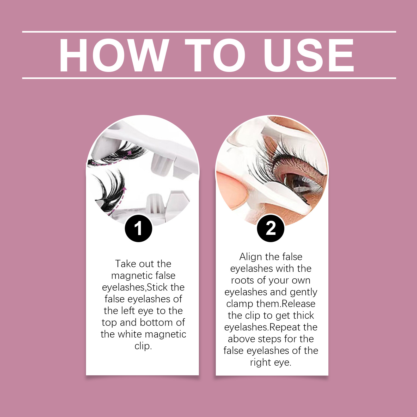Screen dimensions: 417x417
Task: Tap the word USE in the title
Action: (x=309, y=55)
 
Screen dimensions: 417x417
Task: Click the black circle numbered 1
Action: (x=138, y=228)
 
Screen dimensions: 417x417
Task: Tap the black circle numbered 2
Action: (x=271, y=228)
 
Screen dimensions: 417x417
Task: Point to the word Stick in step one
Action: (x=157, y=287)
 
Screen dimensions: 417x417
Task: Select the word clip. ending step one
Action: (x=143, y=346)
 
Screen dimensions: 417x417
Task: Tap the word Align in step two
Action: (x=250, y=257)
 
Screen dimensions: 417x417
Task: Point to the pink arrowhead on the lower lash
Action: (x=125, y=188)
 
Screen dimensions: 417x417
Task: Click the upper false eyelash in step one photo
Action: (x=117, y=155)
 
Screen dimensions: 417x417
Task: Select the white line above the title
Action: (x=209, y=32)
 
